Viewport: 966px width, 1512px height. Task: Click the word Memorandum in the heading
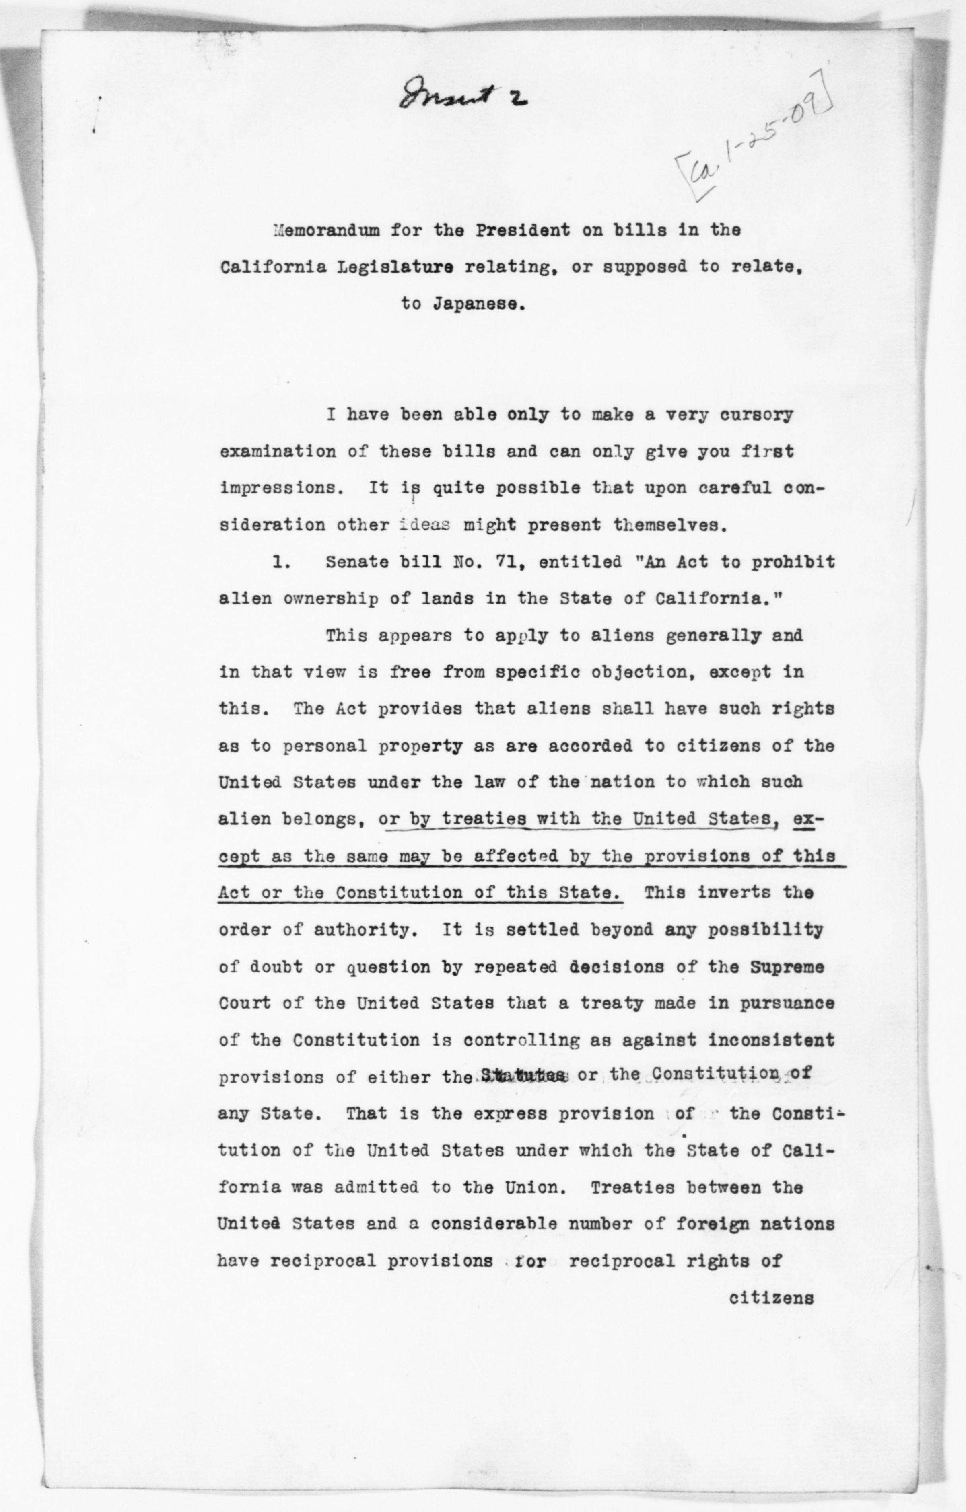pos(327,230)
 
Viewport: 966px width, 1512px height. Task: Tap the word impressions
pos(281,489)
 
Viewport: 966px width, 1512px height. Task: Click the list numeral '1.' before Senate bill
pos(280,562)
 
